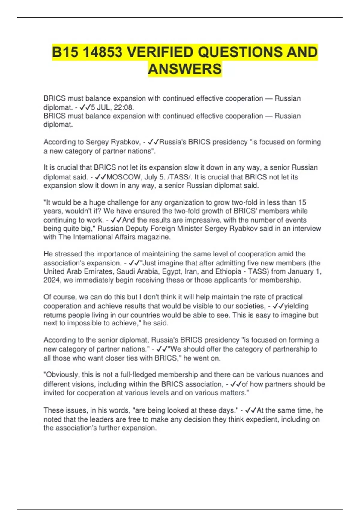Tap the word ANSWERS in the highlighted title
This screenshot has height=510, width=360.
pos(185,69)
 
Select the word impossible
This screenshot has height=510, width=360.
pos(84,323)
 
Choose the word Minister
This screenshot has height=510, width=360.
pos(190,229)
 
